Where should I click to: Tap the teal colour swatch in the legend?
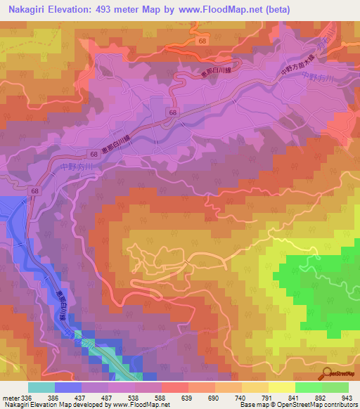click(x=41, y=387)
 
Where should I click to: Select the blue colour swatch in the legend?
click(x=68, y=387)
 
